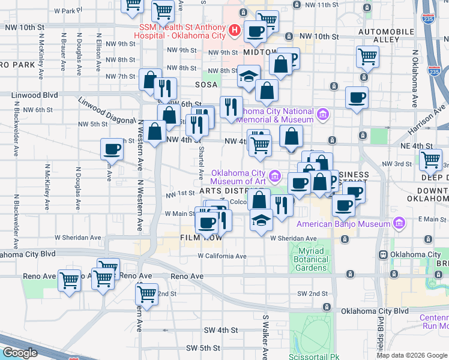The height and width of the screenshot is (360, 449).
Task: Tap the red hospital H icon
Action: (x=234, y=31)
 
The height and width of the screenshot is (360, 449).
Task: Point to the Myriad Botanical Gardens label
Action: (x=311, y=260)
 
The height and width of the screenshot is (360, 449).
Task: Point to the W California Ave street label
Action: (x=222, y=256)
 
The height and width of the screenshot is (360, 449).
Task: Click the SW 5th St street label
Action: (x=203, y=348)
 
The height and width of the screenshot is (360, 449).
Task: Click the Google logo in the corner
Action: (x=19, y=353)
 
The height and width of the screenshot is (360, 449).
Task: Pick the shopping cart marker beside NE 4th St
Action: (x=430, y=160)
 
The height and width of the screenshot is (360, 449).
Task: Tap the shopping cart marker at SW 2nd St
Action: (x=146, y=294)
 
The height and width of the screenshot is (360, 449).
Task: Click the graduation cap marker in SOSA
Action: (x=249, y=76)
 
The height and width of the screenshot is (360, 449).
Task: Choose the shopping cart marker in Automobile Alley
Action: (x=367, y=57)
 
